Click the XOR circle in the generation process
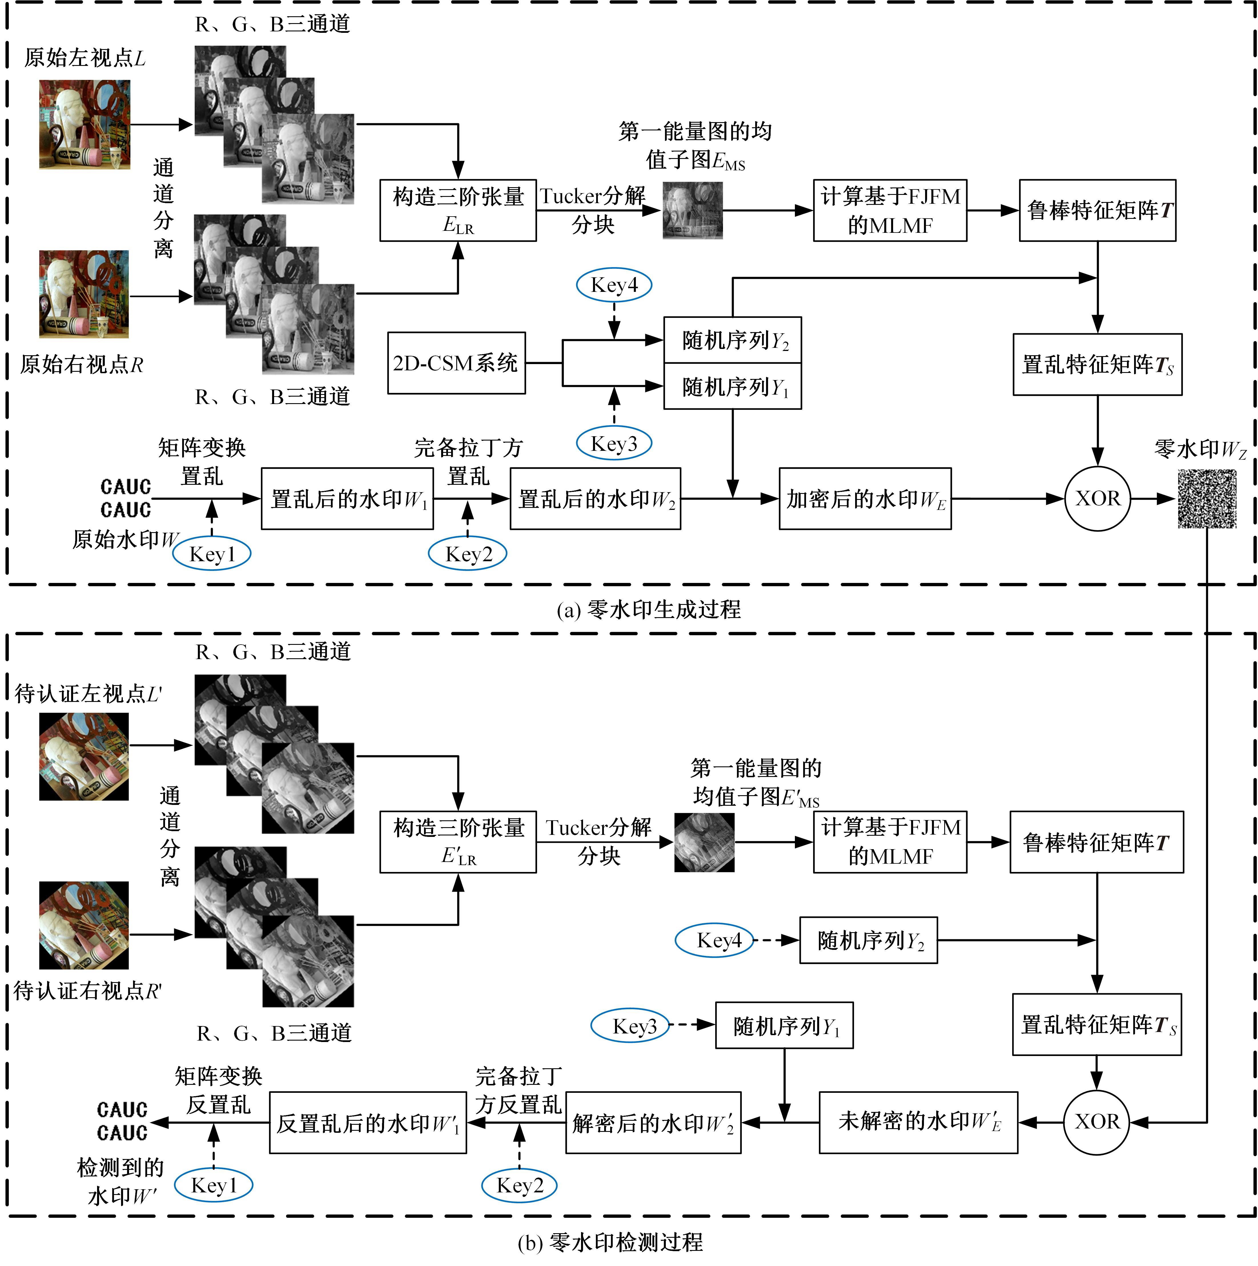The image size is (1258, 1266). coord(1097,499)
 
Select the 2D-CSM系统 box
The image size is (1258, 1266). coord(456,363)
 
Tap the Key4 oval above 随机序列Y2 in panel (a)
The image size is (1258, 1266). coord(614,285)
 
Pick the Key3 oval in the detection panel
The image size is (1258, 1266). coord(631,1026)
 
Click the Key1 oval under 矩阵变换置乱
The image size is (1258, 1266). coord(212,554)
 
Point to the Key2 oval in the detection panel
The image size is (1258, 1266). coord(519,1186)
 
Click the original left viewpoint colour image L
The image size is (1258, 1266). coord(85,124)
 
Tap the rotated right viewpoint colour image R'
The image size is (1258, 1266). coord(84,925)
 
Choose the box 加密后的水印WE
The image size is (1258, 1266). coord(865,499)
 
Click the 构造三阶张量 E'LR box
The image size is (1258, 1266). coord(458,842)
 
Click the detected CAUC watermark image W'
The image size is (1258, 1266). coord(122,1121)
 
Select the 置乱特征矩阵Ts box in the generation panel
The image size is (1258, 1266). coord(1097,364)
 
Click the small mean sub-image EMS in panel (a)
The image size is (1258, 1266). coord(692,210)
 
